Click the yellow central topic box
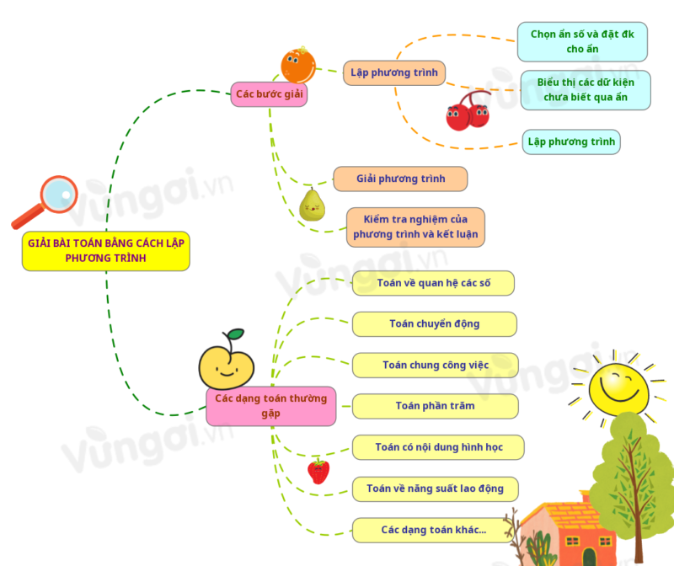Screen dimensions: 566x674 105,251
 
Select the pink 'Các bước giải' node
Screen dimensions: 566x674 269,93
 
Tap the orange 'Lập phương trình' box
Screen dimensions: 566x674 394,72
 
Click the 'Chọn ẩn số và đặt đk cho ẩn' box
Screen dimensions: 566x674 582,42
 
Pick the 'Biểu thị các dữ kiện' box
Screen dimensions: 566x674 586,90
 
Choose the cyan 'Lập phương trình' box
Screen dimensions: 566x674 571,141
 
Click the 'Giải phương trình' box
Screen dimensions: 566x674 400,179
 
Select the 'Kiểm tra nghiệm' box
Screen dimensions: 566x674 415,227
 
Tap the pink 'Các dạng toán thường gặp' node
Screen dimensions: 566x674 270,405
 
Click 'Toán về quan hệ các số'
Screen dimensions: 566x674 433,283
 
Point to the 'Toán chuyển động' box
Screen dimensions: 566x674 434,324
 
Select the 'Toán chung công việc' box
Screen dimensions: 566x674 435,365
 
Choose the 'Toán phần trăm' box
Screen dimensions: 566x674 435,406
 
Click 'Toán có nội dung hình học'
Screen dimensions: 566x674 438,447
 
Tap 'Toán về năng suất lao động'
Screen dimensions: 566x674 435,489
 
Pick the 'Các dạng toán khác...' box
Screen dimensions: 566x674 433,530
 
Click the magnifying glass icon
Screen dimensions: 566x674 47,201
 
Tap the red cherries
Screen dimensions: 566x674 468,112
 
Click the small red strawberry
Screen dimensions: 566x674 318,471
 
